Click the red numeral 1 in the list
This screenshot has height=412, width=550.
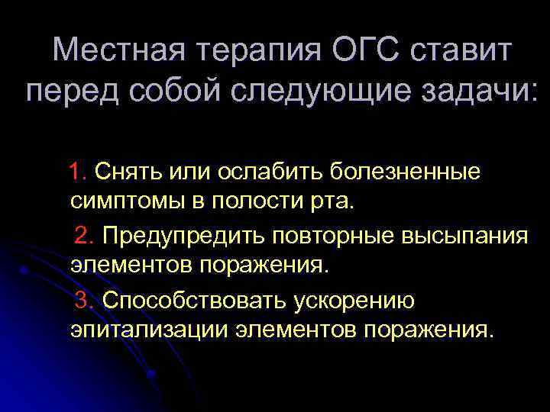78,172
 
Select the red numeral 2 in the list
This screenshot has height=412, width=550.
82,237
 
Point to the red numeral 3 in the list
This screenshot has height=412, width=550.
82,301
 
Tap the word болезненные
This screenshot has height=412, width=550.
406,172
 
